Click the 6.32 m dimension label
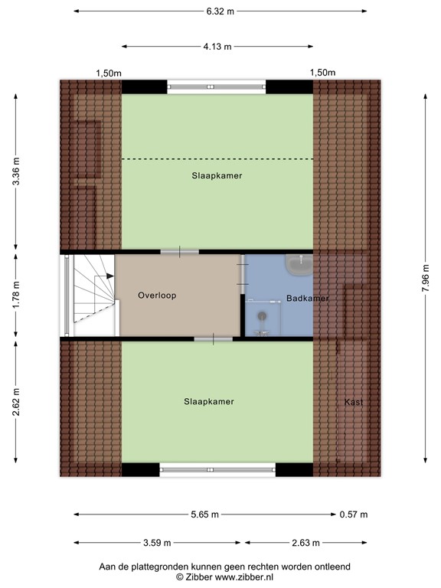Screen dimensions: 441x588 point(220,11)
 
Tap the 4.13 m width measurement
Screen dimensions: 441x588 point(217,47)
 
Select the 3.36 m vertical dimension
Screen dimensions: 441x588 point(16,171)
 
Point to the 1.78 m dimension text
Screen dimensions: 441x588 point(16,294)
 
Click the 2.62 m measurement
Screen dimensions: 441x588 point(16,403)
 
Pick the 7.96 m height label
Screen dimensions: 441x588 point(426,278)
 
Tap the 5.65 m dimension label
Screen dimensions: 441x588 point(204,514)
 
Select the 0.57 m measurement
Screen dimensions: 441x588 point(354,514)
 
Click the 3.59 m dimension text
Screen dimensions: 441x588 point(157,543)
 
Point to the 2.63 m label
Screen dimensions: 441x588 point(306,543)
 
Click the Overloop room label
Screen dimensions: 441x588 point(157,296)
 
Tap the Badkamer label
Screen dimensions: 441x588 point(308,299)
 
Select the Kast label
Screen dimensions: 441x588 point(354,403)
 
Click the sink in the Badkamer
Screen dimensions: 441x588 point(299,264)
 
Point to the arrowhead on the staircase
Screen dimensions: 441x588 point(110,276)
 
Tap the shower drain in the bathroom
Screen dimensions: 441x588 point(263,316)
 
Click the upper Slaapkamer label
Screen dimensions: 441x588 point(217,176)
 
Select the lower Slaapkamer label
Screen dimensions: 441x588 point(209,402)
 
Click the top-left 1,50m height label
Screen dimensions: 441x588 point(109,73)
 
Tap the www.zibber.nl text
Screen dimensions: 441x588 point(244,577)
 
